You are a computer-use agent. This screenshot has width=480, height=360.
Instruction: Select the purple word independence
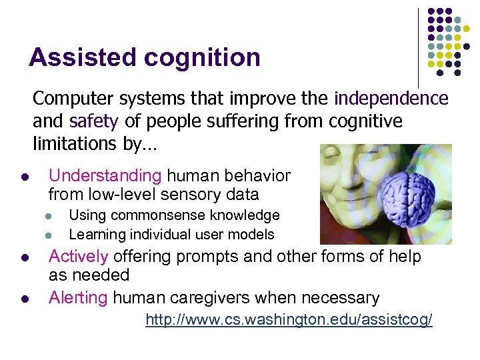click(391, 99)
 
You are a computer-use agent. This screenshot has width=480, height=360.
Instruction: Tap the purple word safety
click(93, 121)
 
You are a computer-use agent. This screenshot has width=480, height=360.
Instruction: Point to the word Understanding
click(105, 176)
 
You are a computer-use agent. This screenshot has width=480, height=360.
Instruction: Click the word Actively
click(78, 257)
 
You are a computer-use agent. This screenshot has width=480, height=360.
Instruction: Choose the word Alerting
click(78, 297)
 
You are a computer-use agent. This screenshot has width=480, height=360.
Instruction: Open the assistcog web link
click(289, 321)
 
